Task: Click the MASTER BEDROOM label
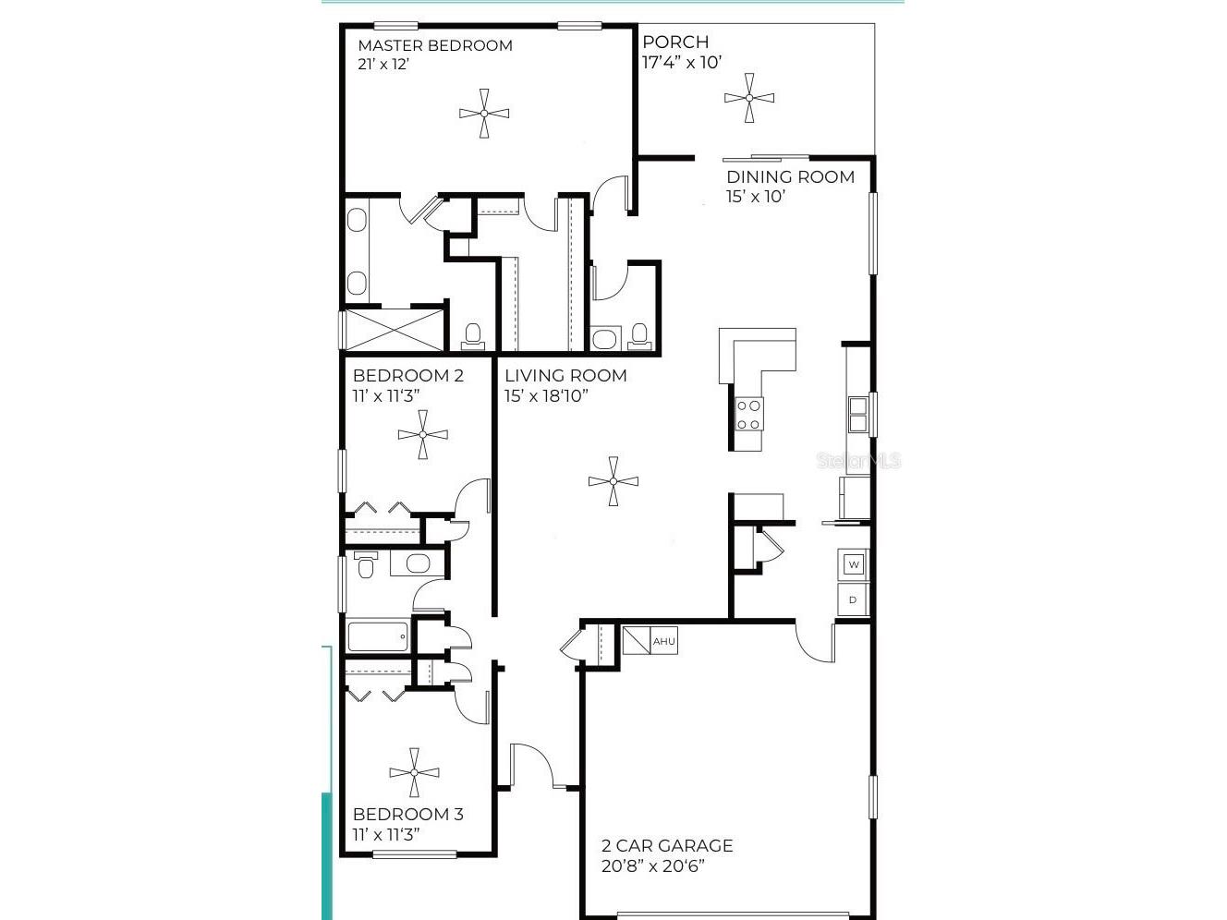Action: pyautogui.click(x=434, y=45)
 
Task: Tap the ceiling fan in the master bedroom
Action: pyautogui.click(x=483, y=114)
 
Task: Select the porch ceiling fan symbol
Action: pyautogui.click(x=748, y=98)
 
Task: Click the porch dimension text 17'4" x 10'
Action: pyautogui.click(x=681, y=63)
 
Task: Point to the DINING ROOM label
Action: pyautogui.click(x=790, y=176)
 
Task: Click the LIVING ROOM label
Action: pyautogui.click(x=565, y=375)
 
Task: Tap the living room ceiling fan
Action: pyautogui.click(x=613, y=480)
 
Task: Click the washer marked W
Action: pyautogui.click(x=853, y=564)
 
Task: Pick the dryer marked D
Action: pyautogui.click(x=853, y=599)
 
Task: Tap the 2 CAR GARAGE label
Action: pyautogui.click(x=666, y=845)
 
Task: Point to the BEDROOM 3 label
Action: pyautogui.click(x=407, y=814)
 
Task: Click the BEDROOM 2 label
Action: pyautogui.click(x=407, y=375)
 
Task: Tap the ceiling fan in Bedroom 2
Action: pyautogui.click(x=422, y=434)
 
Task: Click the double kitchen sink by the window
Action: pyautogui.click(x=857, y=415)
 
